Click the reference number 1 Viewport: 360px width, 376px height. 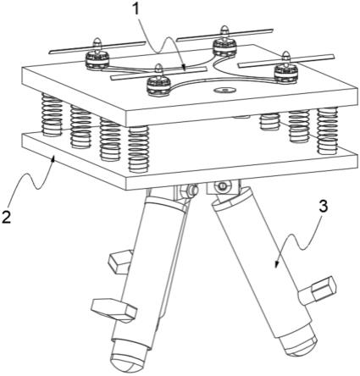click(136, 10)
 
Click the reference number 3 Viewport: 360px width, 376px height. click(323, 207)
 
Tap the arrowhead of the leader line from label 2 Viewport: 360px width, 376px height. click(53, 158)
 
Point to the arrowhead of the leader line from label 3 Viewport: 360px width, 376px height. click(277, 263)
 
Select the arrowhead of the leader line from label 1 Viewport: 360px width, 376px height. click(184, 67)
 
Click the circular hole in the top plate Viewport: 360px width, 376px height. click(224, 91)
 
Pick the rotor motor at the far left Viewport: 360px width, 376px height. click(97, 59)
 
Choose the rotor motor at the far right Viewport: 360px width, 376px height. click(285, 74)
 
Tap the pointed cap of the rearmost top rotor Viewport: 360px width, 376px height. click(224, 30)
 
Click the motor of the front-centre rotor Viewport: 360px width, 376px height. click(158, 86)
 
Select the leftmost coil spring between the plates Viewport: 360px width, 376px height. click(52, 114)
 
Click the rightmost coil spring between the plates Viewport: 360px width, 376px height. click(328, 130)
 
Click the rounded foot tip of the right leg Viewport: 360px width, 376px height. click(299, 345)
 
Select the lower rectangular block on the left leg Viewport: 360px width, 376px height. click(114, 310)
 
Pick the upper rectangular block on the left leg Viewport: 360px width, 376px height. click(120, 262)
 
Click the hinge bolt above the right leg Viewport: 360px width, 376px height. click(222, 185)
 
